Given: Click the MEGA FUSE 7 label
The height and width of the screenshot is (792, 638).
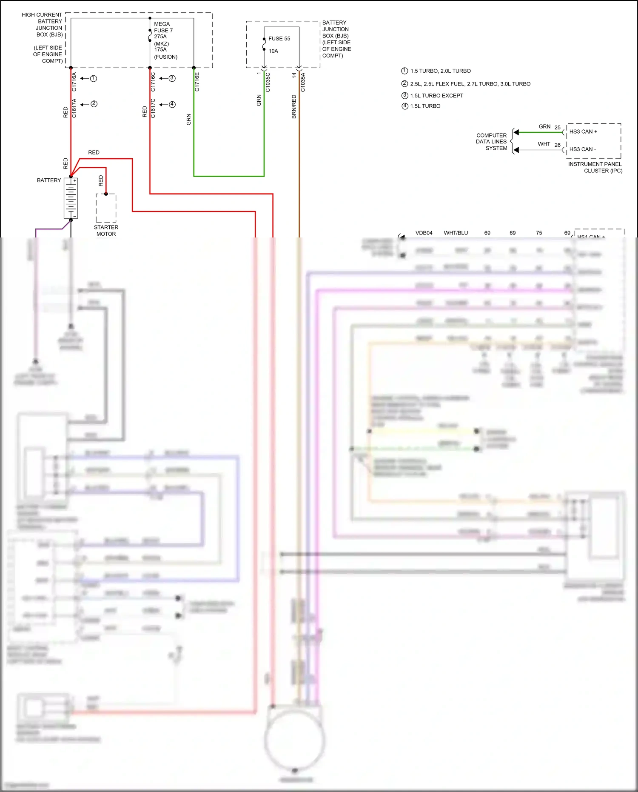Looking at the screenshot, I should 163,27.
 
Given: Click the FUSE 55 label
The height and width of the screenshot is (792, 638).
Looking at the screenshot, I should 279,39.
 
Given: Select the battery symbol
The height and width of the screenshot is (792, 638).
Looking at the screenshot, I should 71,198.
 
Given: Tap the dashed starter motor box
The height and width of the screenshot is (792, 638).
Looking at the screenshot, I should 106,208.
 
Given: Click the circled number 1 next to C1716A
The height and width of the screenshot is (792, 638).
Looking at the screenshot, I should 94,79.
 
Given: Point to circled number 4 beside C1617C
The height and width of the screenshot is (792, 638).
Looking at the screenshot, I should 172,105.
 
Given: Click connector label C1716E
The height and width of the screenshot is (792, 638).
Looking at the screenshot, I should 197,82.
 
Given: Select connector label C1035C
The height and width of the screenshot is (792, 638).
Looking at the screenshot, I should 268,82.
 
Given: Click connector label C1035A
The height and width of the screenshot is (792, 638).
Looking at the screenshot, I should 303,82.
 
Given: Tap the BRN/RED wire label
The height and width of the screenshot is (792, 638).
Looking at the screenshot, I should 294,107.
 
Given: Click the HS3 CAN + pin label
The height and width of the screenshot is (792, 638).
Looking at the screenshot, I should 583,132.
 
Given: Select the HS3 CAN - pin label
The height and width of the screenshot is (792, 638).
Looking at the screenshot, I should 582,149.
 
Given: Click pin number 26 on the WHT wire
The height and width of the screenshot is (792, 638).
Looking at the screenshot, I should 557,145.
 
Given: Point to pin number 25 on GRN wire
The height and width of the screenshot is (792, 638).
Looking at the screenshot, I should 557,128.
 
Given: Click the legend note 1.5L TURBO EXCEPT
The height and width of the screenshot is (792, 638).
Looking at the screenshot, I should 436,96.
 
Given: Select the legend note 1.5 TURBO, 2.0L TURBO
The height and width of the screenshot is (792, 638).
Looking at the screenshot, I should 440,71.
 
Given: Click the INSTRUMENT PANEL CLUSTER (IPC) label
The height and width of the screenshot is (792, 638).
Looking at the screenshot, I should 595,167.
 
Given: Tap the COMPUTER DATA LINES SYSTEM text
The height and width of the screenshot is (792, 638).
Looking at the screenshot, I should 492,142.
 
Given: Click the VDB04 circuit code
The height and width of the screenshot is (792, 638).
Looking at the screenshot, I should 424,233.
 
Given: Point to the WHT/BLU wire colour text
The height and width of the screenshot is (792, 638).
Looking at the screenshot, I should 456,233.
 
